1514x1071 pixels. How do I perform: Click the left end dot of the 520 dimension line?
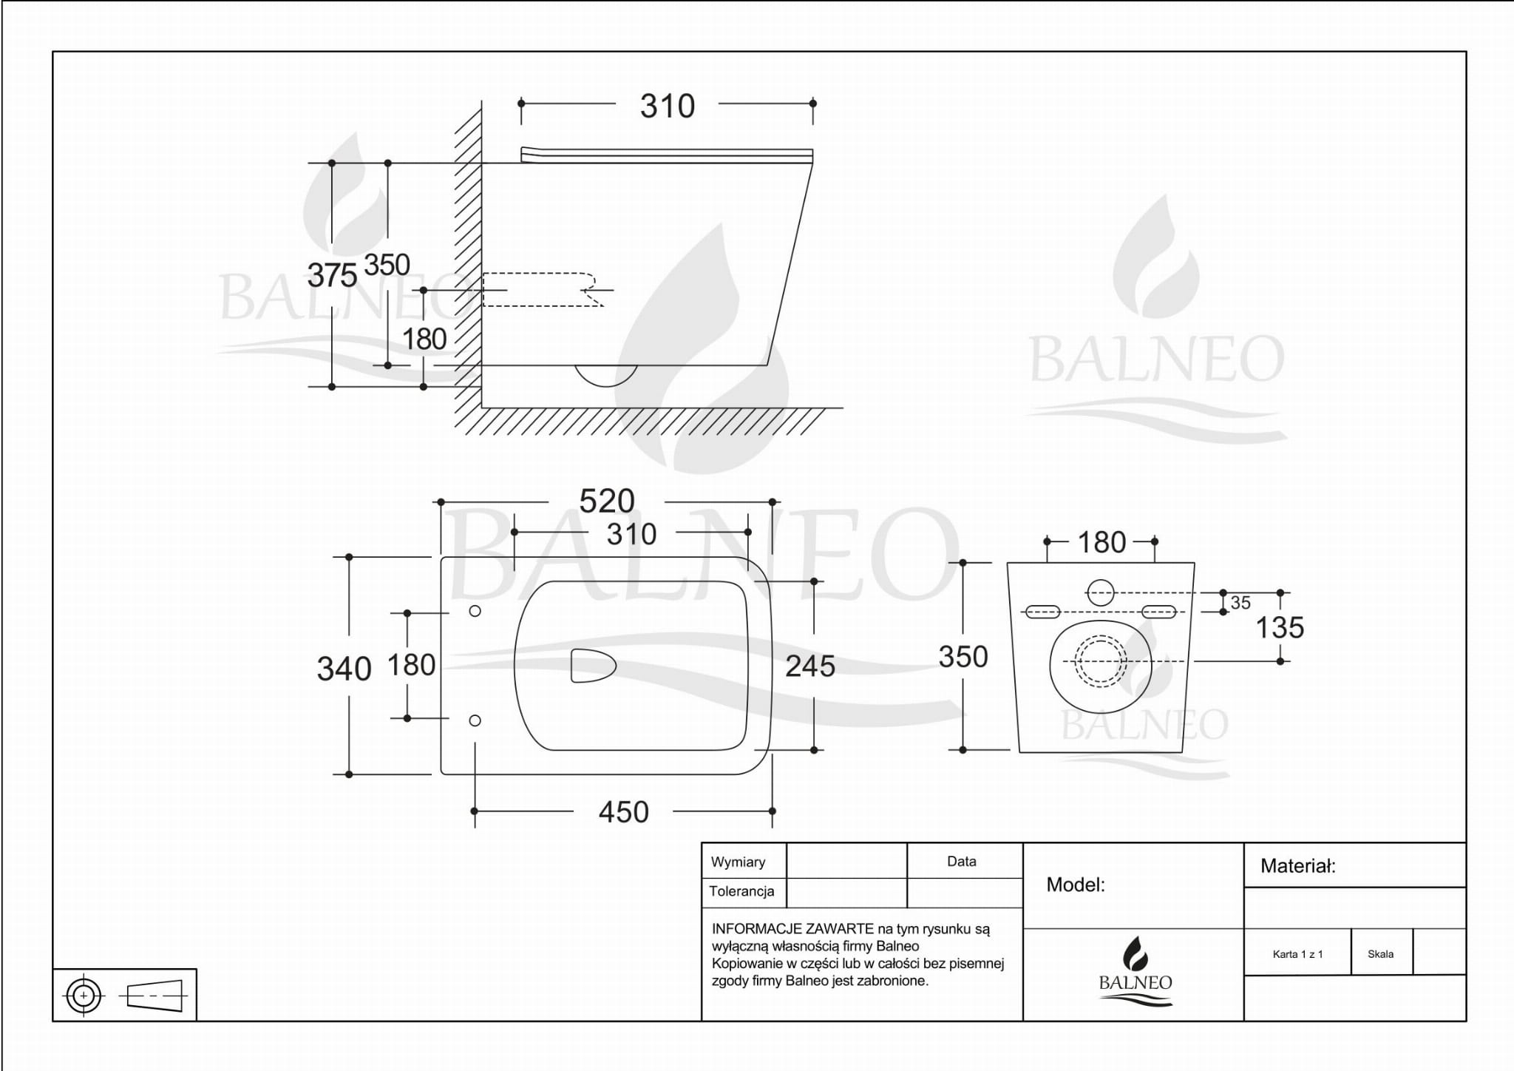pyautogui.click(x=441, y=502)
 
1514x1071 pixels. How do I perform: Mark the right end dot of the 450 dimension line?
pyautogui.click(x=773, y=811)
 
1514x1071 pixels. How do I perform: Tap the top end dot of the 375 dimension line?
pyautogui.click(x=332, y=163)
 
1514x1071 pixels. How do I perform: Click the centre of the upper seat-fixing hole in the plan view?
pyautogui.click(x=475, y=611)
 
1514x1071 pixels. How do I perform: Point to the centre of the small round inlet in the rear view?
pyautogui.click(x=1101, y=592)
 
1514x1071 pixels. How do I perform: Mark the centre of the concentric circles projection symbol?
pyautogui.click(x=84, y=996)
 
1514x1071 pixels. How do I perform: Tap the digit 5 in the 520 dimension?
pyautogui.click(x=588, y=501)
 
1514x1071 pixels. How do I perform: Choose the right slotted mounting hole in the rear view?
pyautogui.click(x=1158, y=612)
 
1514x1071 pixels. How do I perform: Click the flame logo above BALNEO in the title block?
pyautogui.click(x=1135, y=953)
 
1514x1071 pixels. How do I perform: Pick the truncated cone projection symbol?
pyautogui.click(x=155, y=996)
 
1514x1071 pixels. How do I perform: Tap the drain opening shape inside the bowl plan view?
pyautogui.click(x=593, y=666)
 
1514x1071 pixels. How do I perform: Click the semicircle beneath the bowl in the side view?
pyautogui.click(x=606, y=376)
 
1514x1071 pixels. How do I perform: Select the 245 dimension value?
pyautogui.click(x=810, y=666)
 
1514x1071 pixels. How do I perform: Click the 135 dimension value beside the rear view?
pyautogui.click(x=1280, y=628)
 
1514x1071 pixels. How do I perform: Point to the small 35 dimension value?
pyautogui.click(x=1240, y=603)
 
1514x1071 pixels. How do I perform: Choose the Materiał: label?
pyautogui.click(x=1297, y=866)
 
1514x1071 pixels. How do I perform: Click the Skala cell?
pyautogui.click(x=1381, y=953)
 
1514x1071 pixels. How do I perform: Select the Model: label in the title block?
pyautogui.click(x=1076, y=885)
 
